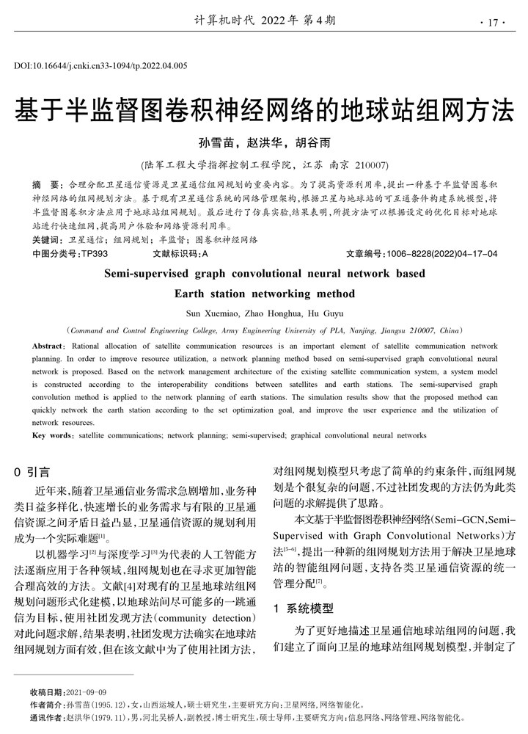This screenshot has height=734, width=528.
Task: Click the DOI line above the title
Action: [100, 66]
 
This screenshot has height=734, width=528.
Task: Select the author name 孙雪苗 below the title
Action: [222, 142]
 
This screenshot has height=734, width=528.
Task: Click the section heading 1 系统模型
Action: [303, 608]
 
